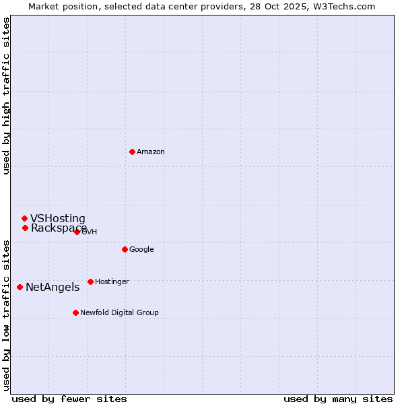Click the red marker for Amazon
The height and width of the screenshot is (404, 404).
(132, 151)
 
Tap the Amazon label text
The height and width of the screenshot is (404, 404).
(150, 152)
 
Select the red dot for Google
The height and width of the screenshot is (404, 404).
(125, 249)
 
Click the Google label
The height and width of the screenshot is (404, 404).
(141, 250)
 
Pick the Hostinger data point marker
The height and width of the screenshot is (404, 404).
(90, 281)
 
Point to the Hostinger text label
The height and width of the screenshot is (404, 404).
(112, 282)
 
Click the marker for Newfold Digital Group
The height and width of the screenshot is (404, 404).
(75, 312)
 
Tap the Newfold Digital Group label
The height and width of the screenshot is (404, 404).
(119, 313)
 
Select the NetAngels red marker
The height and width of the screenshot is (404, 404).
(20, 287)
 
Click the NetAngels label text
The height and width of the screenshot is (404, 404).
(53, 288)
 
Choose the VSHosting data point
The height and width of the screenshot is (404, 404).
(24, 218)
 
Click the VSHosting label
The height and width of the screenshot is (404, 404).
(58, 219)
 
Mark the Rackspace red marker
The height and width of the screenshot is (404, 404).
(25, 228)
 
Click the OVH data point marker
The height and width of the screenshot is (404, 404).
(77, 232)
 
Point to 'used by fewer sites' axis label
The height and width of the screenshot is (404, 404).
(69, 399)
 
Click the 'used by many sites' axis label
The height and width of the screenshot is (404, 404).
(338, 399)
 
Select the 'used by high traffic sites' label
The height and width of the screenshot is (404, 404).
(6, 96)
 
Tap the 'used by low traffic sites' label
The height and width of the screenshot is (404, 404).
(6, 315)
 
